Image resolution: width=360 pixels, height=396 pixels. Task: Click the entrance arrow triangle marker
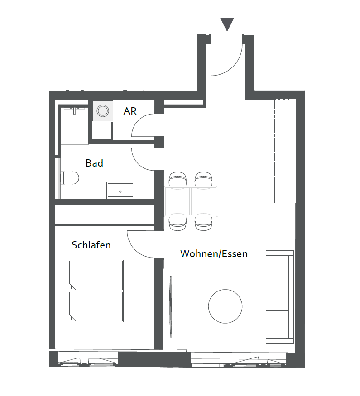(x=227, y=24)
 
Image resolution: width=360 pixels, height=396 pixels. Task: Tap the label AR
(x=130, y=111)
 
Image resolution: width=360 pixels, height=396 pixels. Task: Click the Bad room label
(x=94, y=163)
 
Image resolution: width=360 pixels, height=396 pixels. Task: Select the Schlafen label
(x=91, y=245)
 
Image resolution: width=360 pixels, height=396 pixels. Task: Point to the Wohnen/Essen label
(x=214, y=253)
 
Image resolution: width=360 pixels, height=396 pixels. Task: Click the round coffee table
(x=226, y=306)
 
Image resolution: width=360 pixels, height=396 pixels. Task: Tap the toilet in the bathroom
(x=70, y=178)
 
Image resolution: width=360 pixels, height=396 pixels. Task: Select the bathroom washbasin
(x=120, y=190)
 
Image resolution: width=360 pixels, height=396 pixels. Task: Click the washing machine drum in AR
(x=103, y=110)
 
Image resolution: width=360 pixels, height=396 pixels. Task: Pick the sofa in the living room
(x=280, y=297)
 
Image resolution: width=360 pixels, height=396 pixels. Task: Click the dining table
(x=191, y=201)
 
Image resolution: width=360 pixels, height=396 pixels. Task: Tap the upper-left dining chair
(x=178, y=179)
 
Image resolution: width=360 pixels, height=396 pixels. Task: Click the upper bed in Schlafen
(x=89, y=275)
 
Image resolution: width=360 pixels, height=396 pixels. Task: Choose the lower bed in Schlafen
(x=89, y=307)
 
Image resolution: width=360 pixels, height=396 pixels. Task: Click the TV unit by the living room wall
(x=170, y=310)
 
